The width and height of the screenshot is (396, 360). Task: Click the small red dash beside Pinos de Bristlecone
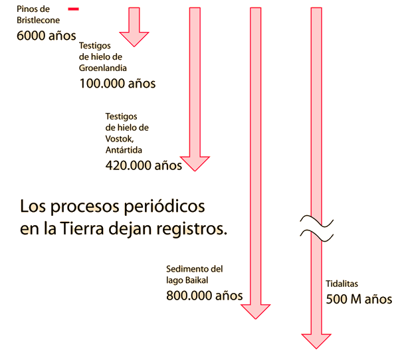[x=73, y=9]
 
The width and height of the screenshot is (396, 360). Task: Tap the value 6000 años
[x=47, y=35]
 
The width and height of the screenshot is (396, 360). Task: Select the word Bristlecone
[x=38, y=20]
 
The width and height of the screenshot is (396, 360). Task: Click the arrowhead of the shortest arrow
[x=134, y=39]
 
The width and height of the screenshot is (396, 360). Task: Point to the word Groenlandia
[x=102, y=68]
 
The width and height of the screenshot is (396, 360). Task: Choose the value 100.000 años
[x=118, y=83]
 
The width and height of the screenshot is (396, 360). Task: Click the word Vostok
[x=120, y=139]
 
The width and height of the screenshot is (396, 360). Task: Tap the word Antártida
[x=124, y=149]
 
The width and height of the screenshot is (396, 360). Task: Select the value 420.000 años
[x=144, y=165]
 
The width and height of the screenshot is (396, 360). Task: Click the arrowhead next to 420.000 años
[x=195, y=163]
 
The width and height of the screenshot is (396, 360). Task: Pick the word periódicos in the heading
[x=164, y=207]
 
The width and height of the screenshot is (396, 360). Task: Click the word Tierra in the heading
[x=82, y=228]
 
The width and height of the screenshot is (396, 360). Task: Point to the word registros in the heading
[x=191, y=229]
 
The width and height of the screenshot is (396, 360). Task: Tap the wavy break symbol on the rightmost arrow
[x=317, y=228]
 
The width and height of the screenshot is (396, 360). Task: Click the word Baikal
[x=197, y=280]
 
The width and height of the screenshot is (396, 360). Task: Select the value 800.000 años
[x=205, y=296]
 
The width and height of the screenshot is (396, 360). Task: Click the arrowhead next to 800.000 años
[x=256, y=312]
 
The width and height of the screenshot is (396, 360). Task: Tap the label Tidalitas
[x=342, y=284]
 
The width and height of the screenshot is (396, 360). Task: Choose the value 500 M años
[x=359, y=299]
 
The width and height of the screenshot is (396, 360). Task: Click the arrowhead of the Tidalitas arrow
[x=316, y=341]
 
